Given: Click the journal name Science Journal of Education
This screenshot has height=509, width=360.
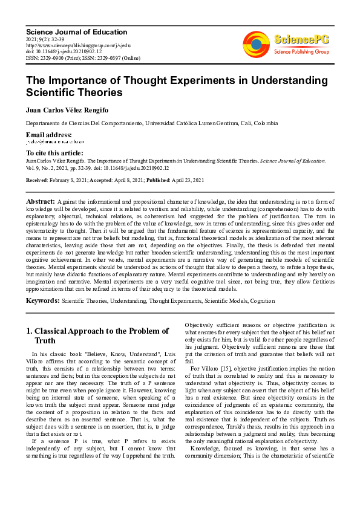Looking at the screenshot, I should pyautogui.click(x=76, y=31).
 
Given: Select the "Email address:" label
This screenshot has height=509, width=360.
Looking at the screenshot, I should pyautogui.click(x=48, y=134).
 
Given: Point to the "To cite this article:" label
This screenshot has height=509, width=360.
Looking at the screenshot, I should pyautogui.click(x=54, y=153).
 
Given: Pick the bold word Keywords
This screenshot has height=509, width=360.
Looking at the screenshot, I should pyautogui.click(x=42, y=300).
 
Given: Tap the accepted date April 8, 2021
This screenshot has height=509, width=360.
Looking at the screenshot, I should pyautogui.click(x=127, y=180).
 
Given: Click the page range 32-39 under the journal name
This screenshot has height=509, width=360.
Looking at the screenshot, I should pyautogui.click(x=53, y=39).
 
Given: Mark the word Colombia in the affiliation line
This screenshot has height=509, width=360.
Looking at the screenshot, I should pyautogui.click(x=264, y=123).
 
